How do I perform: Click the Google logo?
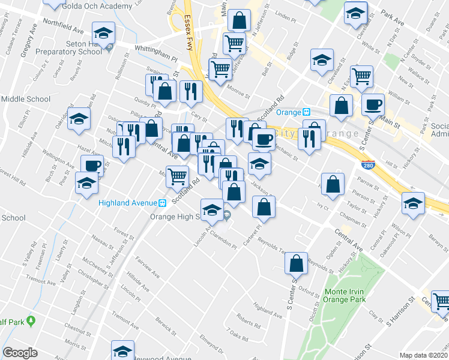click(x=20, y=353)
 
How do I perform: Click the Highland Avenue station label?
click(x=128, y=202)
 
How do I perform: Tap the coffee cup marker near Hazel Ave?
click(x=92, y=165)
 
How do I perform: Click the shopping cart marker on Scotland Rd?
click(x=177, y=176)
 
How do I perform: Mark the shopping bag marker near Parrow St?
click(x=332, y=185)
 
